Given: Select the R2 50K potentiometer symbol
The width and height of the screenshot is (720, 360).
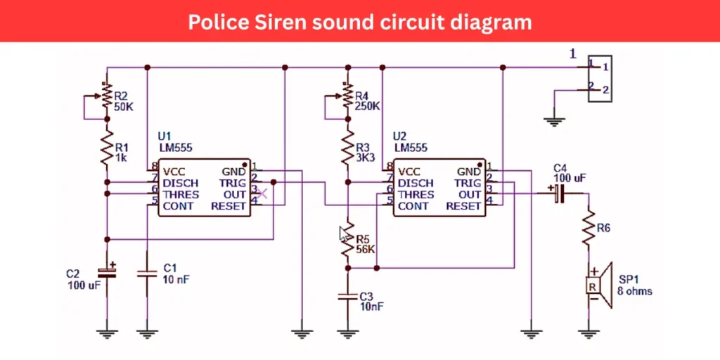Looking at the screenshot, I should pyautogui.click(x=106, y=97).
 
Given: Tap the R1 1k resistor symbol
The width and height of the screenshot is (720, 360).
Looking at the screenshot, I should pyautogui.click(x=106, y=148).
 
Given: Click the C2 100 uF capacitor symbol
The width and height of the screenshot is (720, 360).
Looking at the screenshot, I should pyautogui.click(x=106, y=271).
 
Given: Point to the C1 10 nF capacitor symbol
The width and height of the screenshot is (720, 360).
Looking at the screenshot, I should pyautogui.click(x=146, y=273).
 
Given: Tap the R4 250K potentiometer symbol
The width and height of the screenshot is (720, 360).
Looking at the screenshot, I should pyautogui.click(x=347, y=97).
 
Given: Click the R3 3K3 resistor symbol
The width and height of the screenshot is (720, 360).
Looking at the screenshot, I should pyautogui.click(x=347, y=148).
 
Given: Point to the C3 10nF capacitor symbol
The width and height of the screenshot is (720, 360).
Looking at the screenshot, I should pyautogui.click(x=347, y=296).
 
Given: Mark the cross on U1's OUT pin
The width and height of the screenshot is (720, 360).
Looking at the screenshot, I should pyautogui.click(x=262, y=193).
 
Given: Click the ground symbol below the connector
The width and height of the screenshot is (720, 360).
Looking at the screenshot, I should pyautogui.click(x=555, y=121).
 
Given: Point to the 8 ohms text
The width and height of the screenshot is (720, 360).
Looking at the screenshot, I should pyautogui.click(x=635, y=291).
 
